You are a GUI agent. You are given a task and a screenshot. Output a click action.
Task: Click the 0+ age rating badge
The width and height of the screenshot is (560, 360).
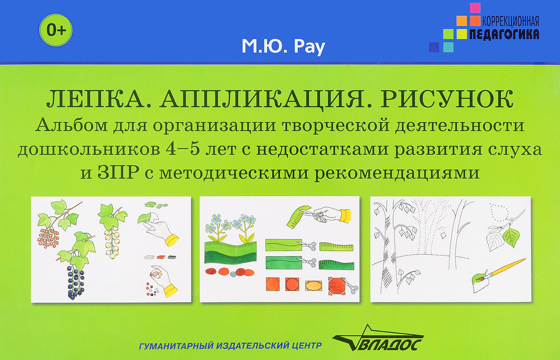[56, 30]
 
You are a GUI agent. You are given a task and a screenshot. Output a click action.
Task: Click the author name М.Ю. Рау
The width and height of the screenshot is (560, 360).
[283, 47]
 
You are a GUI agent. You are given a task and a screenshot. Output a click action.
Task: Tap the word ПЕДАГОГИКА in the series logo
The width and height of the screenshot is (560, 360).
[504, 34]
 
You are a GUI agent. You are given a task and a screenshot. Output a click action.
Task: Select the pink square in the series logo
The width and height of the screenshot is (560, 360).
[475, 8]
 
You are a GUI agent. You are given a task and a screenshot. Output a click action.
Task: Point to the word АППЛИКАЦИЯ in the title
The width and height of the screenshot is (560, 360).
[262, 99]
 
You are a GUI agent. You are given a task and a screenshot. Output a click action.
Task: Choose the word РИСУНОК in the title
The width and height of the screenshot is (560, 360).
[447, 99]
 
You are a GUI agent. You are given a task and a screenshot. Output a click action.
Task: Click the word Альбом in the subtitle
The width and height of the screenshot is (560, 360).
[71, 125]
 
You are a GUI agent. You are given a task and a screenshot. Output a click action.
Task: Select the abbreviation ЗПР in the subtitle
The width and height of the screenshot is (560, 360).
[118, 172]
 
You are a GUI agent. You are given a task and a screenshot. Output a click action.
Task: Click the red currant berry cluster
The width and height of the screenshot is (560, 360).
[48, 238]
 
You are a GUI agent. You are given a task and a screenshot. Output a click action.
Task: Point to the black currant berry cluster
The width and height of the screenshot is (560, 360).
[76, 282]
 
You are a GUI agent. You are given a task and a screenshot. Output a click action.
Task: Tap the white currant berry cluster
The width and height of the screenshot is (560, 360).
[112, 242]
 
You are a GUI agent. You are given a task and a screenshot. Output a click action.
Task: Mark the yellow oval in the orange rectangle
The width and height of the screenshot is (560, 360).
[314, 285]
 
